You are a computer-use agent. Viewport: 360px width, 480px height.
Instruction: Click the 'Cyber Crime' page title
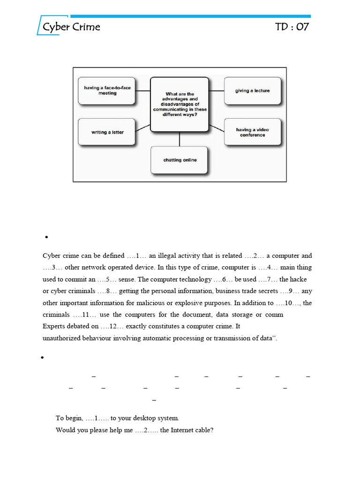71,27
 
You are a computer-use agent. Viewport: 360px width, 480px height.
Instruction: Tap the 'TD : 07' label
292,27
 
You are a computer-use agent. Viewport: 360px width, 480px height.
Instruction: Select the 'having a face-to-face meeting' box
107,90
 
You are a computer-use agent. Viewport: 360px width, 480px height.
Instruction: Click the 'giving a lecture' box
253,90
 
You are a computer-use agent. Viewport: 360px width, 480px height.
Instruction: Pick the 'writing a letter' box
107,132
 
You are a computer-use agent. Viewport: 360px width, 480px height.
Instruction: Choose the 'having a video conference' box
253,132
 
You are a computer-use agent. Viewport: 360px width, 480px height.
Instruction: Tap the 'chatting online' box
180,160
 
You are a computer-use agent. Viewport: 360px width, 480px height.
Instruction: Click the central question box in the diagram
180,104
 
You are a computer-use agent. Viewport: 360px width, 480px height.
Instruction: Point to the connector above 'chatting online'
180,139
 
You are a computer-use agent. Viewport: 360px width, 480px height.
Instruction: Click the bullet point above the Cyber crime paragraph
47,238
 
